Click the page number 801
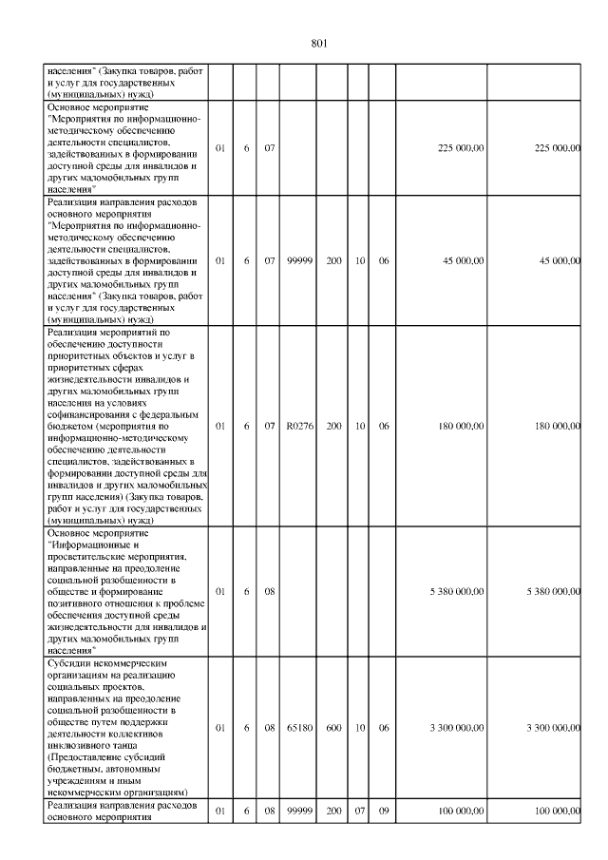(319, 43)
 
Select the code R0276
(300, 426)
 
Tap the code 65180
(300, 728)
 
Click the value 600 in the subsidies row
(334, 728)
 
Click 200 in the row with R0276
(334, 426)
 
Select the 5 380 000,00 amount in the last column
(553, 591)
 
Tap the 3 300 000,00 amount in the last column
(553, 728)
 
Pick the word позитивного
(79, 602)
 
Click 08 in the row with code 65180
(270, 728)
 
